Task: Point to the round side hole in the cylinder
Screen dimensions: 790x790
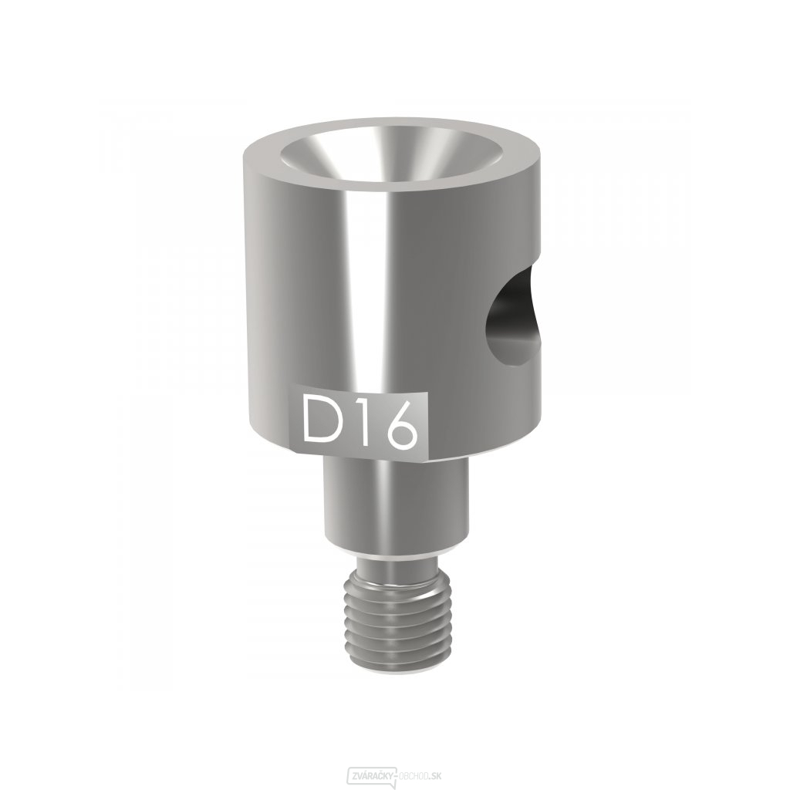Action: click(x=514, y=316)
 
